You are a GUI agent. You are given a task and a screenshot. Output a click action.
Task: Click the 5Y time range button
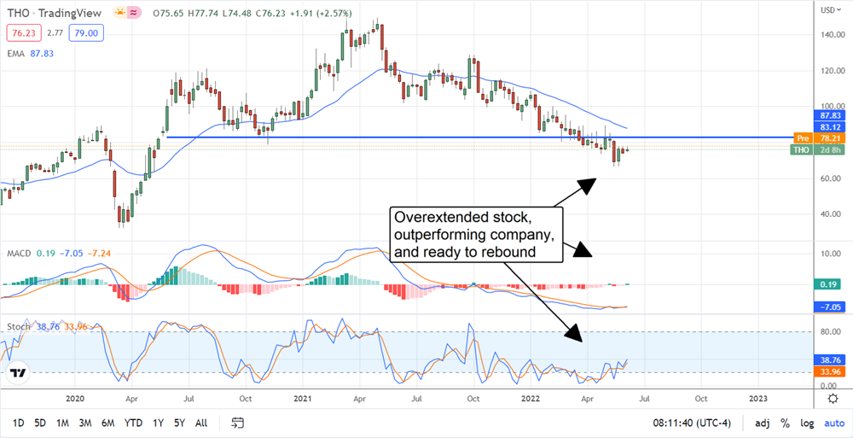click(x=180, y=423)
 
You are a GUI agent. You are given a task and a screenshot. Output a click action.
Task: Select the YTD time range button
click(x=132, y=423)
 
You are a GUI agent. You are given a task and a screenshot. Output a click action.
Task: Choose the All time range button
click(x=201, y=423)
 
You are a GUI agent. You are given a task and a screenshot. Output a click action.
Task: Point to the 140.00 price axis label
click(x=831, y=35)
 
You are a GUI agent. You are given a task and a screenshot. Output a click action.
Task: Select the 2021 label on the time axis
click(x=304, y=399)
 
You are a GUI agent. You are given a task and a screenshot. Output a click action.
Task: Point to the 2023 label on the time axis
click(x=757, y=399)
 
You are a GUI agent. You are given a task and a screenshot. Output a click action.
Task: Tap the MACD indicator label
click(x=20, y=254)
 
